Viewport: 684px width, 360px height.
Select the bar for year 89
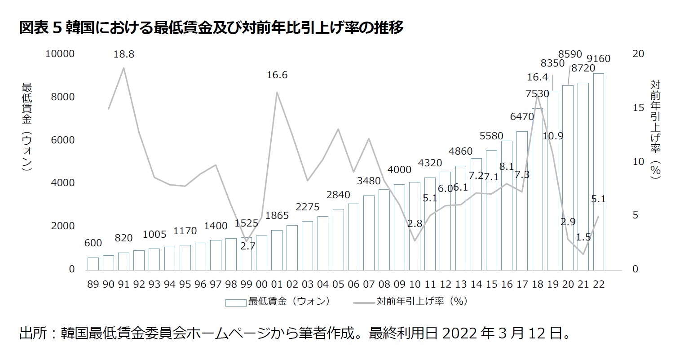pos(93,264)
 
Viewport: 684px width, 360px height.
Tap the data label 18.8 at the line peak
pos(124,54)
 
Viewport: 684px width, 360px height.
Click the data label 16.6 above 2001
pos(277,75)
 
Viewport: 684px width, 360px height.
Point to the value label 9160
pos(599,59)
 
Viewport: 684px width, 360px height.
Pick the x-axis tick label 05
pos(338,284)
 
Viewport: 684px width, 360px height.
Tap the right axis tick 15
pos(638,108)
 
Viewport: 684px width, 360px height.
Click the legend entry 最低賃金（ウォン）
pos(289,301)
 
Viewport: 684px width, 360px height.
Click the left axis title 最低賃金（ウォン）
pos(26,127)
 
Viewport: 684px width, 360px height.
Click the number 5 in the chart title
pos(57,28)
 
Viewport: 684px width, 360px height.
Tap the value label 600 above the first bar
pos(93,243)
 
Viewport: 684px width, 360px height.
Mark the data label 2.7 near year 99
pos(247,246)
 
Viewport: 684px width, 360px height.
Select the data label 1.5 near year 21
pos(583,237)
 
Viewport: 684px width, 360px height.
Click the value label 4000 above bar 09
pos(399,169)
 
